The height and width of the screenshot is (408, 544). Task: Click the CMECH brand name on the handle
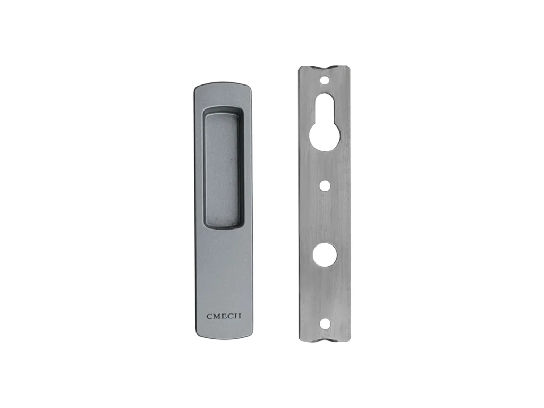click(x=224, y=316)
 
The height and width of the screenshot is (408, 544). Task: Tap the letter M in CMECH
click(x=217, y=316)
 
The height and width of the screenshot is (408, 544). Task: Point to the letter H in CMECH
click(x=237, y=316)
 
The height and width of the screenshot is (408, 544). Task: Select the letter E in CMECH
click(x=224, y=316)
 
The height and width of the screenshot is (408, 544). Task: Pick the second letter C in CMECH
click(x=231, y=316)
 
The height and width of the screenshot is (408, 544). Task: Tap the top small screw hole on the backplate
click(x=325, y=80)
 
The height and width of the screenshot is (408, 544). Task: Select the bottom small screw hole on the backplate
click(x=325, y=324)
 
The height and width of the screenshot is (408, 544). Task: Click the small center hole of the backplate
click(x=325, y=185)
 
